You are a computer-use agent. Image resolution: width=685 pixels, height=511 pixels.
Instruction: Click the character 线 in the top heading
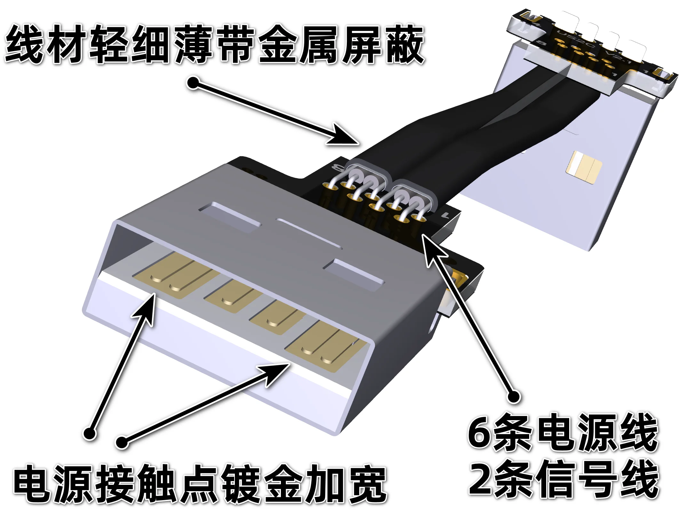(24, 45)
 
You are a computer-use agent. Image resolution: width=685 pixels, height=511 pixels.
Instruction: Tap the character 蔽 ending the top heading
(405, 45)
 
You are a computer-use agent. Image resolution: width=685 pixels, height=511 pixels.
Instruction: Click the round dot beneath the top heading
(193, 83)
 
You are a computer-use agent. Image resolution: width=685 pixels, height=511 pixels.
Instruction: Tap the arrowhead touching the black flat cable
(344, 136)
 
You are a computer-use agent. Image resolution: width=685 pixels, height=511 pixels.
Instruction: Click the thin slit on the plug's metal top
(309, 233)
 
